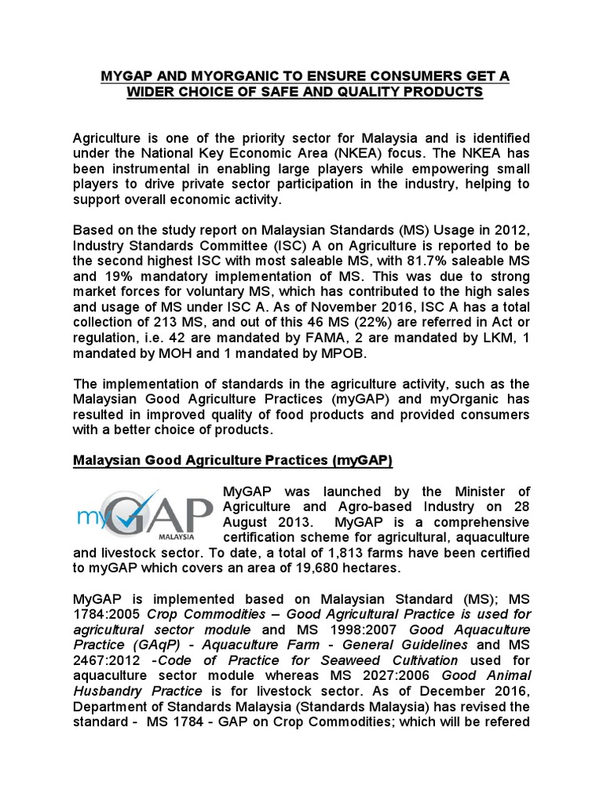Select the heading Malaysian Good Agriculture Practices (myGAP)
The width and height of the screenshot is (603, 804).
232,459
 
